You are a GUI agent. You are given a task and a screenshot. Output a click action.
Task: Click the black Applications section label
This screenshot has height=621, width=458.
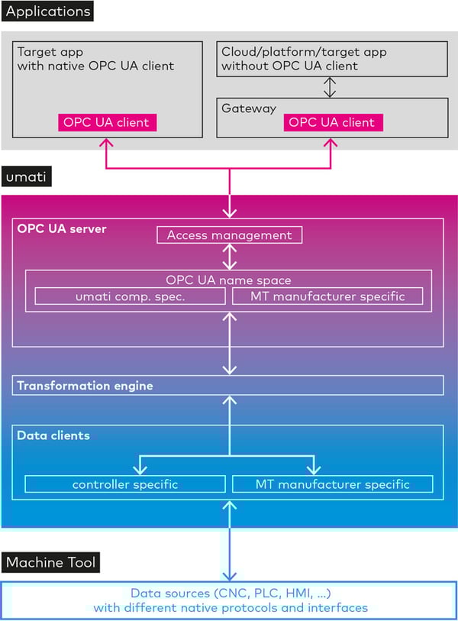tap(48, 11)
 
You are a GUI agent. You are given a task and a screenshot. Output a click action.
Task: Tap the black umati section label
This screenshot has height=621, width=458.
tap(26, 179)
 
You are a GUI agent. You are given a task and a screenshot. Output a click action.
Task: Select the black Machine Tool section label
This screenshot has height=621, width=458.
tap(51, 563)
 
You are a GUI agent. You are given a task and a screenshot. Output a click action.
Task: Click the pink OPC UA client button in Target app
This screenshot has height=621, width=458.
tap(108, 122)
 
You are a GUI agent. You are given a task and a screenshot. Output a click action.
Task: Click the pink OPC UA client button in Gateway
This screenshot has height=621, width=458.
tap(332, 122)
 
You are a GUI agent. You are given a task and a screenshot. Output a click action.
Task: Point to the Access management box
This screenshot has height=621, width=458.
tap(229, 235)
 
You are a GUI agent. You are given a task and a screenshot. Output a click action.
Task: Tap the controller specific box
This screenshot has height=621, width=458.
tap(125, 484)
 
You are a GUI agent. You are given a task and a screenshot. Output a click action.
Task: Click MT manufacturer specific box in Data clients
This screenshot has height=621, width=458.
tap(332, 484)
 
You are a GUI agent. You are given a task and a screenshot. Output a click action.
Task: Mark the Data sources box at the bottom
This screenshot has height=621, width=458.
tap(229, 600)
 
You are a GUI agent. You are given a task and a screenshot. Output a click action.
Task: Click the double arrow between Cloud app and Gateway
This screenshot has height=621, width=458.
tap(330, 86)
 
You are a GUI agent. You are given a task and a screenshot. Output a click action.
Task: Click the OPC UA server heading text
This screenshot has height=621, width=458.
tap(62, 229)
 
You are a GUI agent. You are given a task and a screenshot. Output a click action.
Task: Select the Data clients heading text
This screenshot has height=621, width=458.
tap(53, 435)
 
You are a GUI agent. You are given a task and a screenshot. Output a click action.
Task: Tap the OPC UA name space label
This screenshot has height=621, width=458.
tap(229, 280)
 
